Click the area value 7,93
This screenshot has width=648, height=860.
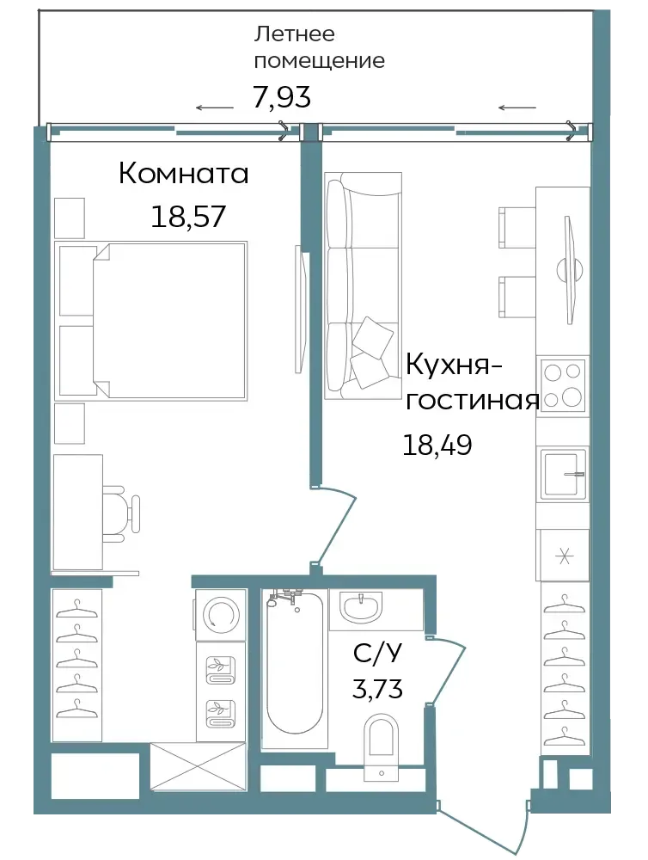point(282,97)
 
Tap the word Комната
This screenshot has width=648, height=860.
point(184,174)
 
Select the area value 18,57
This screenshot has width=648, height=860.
point(188,216)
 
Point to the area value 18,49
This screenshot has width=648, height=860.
point(437,445)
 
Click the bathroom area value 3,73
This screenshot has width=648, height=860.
point(377,688)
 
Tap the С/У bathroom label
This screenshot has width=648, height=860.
point(377,654)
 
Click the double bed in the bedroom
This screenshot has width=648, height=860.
point(152,320)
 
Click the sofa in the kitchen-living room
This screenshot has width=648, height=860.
point(363,286)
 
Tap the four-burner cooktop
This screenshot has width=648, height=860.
point(563,385)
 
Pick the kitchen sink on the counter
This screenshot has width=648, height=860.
point(563,475)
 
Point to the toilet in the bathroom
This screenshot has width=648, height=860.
point(382,746)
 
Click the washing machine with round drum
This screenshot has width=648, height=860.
point(220,614)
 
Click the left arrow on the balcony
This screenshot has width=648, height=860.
point(215,107)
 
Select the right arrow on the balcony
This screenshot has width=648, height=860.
point(517,107)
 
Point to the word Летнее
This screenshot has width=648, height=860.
point(295,34)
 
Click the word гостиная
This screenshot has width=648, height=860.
point(472,401)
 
